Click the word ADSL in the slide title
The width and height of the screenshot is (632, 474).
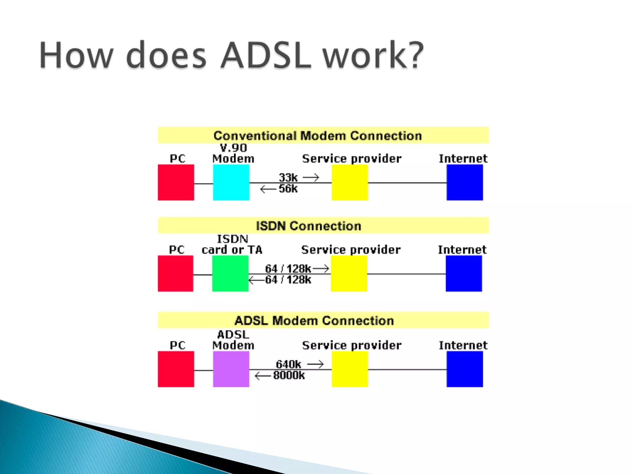[x=266, y=55]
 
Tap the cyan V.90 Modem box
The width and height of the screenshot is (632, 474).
[x=231, y=182]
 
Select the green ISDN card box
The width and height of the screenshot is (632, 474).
[x=230, y=273]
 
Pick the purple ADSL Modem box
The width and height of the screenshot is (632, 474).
[x=231, y=369]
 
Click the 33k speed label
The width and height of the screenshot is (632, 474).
[x=288, y=177]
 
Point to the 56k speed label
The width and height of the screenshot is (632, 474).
[x=288, y=189]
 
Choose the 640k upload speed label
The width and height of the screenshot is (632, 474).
[x=288, y=364]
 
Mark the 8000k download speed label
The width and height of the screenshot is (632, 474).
[x=289, y=376]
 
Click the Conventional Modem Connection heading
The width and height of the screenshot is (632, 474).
[x=318, y=136]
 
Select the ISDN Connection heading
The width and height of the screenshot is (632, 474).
[x=309, y=226]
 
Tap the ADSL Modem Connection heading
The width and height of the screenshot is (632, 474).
[x=314, y=321]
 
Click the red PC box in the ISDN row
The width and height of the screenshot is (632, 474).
[x=176, y=273]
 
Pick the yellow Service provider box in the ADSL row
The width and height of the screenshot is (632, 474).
[x=350, y=369]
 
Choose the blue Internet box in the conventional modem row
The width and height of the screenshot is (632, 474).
[x=465, y=182]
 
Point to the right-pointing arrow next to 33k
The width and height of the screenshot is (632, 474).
[x=311, y=177]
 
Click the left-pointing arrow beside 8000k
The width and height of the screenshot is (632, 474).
[x=263, y=376]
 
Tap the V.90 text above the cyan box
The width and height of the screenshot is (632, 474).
[x=233, y=148]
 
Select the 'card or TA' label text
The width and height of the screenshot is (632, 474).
[x=232, y=250]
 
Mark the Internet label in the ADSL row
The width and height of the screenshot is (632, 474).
[x=463, y=345]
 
